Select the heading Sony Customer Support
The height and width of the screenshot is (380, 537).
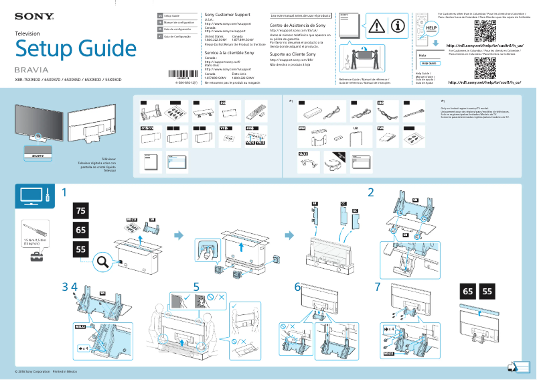228,14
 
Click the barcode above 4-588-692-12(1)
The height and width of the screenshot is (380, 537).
177,75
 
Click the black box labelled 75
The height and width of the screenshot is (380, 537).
82,211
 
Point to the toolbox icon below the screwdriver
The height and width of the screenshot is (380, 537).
30,257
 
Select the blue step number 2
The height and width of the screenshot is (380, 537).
370,193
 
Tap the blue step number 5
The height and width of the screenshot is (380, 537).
196,287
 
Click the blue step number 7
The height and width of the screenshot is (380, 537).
378,287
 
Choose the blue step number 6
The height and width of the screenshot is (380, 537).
297,287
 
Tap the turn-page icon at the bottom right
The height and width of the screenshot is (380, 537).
514,367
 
